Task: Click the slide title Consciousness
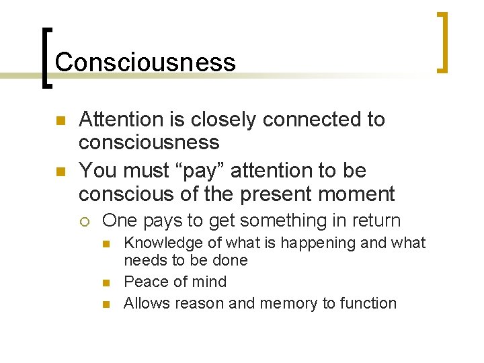pyautogui.click(x=145, y=63)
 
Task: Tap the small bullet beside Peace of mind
pyautogui.click(x=107, y=282)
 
